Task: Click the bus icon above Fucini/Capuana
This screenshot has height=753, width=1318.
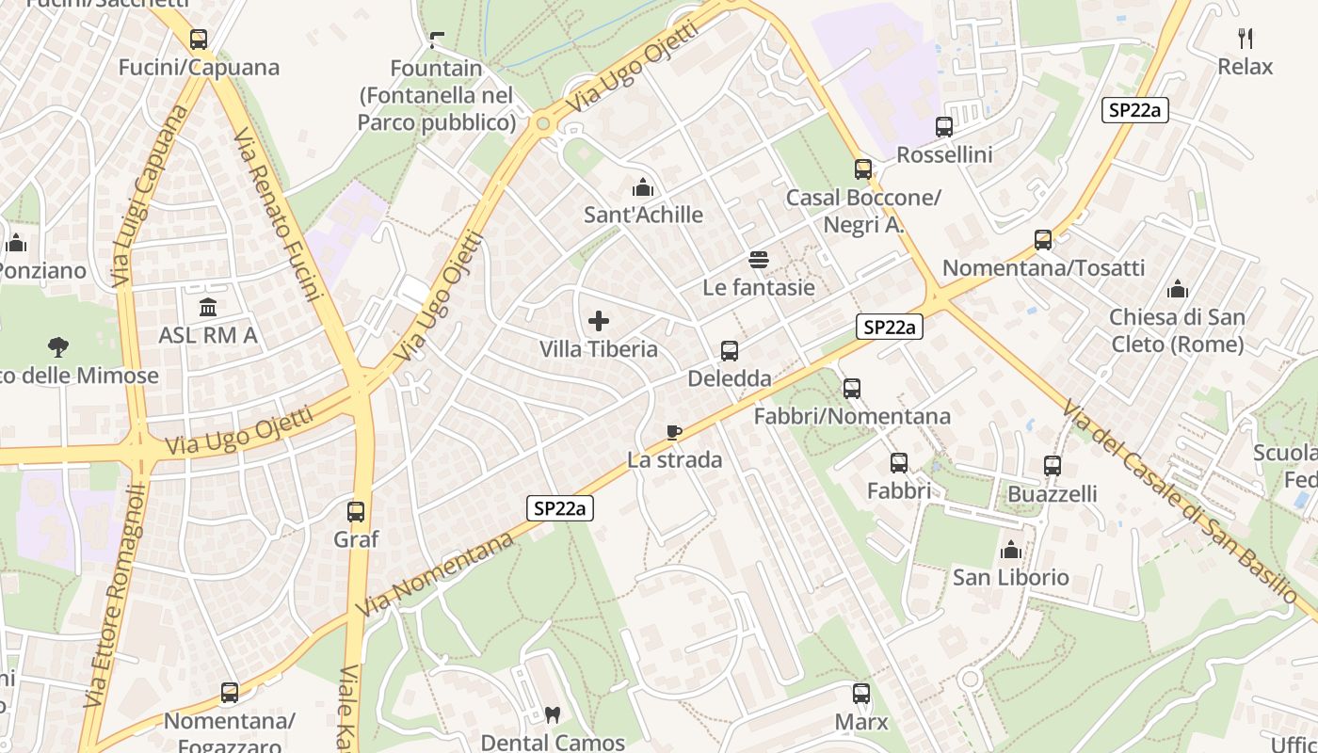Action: point(199,40)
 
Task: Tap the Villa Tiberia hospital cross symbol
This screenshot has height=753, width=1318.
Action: point(599,321)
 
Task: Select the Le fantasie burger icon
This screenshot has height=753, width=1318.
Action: point(759,260)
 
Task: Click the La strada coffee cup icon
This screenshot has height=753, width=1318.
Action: point(674,432)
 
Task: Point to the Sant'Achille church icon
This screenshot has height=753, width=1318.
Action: point(643,187)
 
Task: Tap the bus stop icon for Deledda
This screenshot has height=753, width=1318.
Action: point(730,351)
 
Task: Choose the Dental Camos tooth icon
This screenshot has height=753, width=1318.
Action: point(553,715)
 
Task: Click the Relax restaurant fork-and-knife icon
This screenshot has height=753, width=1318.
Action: point(1246,39)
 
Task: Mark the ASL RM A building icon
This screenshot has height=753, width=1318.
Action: point(208,307)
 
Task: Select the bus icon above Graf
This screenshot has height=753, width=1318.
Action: point(356,512)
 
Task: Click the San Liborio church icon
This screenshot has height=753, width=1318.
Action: point(1011,550)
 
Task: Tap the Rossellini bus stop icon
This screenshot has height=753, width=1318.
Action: point(944,127)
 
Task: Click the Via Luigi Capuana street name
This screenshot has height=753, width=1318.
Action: point(149,196)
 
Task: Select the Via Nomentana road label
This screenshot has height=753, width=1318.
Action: point(435,574)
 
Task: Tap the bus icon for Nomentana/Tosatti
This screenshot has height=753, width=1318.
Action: point(1043,240)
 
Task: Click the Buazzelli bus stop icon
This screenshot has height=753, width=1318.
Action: point(1053,466)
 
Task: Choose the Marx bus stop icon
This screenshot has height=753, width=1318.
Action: point(861,695)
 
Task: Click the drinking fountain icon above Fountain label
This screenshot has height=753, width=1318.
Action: point(436,40)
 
